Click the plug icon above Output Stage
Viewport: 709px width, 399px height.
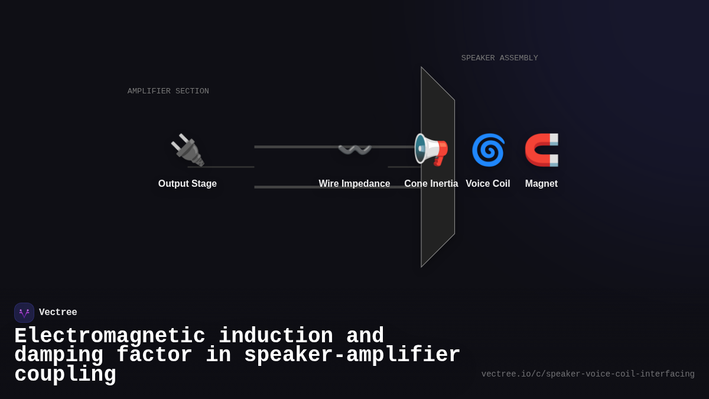[187, 150]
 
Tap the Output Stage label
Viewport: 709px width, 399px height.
[187, 184]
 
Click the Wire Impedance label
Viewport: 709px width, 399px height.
[354, 184]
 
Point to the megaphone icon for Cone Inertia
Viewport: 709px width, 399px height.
[431, 150]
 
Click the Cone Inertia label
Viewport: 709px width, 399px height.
[431, 184]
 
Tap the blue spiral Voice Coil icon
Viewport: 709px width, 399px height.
[488, 150]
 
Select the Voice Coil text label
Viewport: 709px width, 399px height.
[488, 184]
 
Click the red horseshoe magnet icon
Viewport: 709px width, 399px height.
[541, 150]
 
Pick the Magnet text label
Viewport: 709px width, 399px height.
[541, 184]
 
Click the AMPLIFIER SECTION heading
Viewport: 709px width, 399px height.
[168, 91]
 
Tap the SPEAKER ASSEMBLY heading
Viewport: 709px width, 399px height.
[500, 58]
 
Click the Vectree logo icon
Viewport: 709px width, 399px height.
[24, 313]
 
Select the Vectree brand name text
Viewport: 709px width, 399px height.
[58, 313]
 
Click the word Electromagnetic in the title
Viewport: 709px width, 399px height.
[109, 336]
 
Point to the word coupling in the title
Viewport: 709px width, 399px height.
[65, 375]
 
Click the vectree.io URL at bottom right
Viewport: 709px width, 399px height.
[588, 374]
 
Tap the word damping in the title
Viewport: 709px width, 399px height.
[58, 355]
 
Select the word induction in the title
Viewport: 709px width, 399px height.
[276, 336]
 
